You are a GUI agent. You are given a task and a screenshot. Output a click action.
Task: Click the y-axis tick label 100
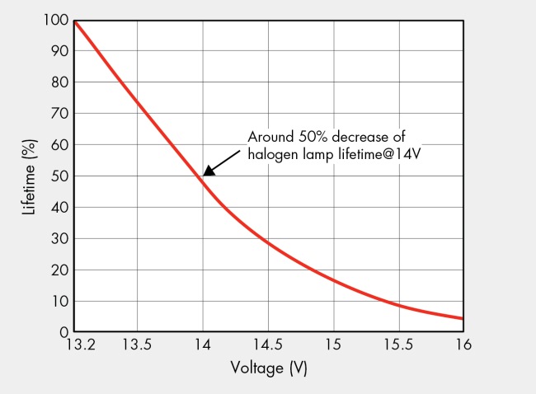(x=50, y=20)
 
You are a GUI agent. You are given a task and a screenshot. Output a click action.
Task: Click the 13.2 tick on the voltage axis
(x=73, y=346)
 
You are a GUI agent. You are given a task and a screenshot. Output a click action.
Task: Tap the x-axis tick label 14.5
(x=268, y=346)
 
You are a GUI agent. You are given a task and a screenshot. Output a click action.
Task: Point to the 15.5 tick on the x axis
(x=398, y=346)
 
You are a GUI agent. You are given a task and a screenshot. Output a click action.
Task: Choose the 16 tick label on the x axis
(x=463, y=346)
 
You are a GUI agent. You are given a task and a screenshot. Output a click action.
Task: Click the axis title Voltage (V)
(x=268, y=369)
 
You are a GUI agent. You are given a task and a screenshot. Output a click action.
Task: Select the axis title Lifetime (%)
(x=29, y=176)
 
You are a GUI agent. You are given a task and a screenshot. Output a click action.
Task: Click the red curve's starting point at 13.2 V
(x=74, y=21)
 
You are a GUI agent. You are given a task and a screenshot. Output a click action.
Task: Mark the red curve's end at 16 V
(x=462, y=318)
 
